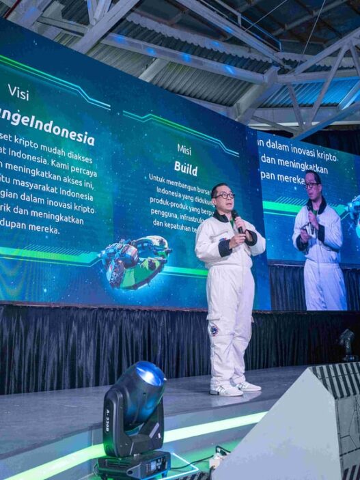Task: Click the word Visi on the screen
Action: pos(18,91)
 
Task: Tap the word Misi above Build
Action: pos(184,149)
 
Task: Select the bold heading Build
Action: pos(185,167)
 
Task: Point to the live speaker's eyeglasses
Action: pos(224,195)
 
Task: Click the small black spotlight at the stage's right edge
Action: pos(348,341)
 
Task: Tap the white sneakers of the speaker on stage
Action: pos(236,389)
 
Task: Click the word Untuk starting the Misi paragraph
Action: pos(158,178)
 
